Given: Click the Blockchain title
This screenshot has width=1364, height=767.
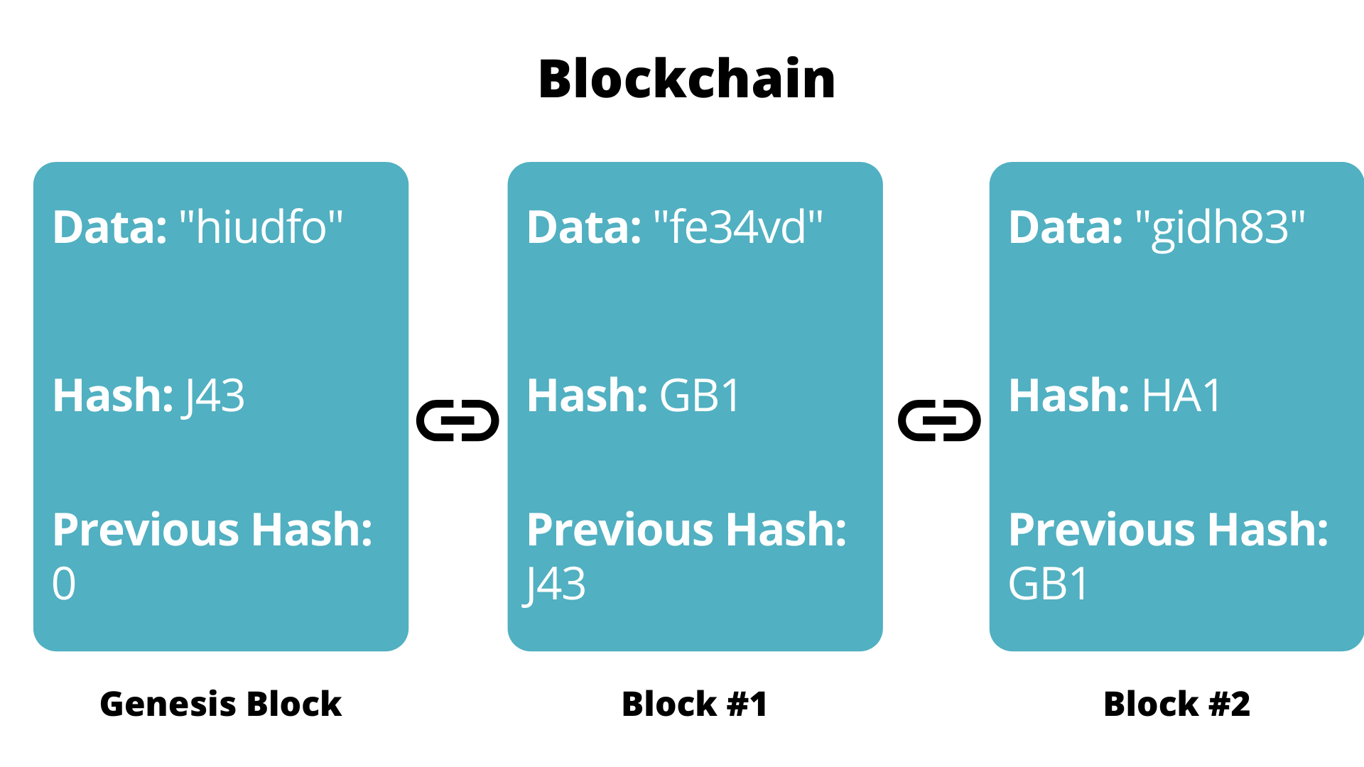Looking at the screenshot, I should coord(686,79).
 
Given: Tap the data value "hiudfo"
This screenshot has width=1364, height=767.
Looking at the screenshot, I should coord(261,228).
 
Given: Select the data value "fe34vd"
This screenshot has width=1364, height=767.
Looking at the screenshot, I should coord(737,228).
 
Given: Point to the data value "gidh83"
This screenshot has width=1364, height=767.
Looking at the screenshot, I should coord(1220,228).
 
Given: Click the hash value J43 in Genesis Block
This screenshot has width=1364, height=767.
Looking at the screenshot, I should coord(214,396).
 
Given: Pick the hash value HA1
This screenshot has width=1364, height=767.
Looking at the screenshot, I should coord(1181,396).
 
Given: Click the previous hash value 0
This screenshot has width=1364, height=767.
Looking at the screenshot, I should coord(64,584).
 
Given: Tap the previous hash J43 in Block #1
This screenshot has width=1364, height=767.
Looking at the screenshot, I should coord(555,584).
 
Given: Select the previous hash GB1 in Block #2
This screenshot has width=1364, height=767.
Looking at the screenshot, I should coord(1048,584).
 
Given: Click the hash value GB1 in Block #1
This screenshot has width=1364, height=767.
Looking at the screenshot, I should coord(700,396).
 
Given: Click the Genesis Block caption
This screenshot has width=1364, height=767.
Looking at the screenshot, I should coord(220,705).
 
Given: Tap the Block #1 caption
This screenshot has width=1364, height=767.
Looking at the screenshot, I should coord(694,705).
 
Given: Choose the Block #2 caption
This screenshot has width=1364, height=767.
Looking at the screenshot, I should coord(1176,705).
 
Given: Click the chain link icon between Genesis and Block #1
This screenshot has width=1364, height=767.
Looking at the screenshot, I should coord(458,420).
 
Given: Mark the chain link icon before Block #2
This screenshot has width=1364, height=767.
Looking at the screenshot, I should coord(939,420).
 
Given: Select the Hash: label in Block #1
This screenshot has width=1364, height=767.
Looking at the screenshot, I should coord(587,396).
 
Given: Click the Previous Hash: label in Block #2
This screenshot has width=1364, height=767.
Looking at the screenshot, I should coord(1168,531).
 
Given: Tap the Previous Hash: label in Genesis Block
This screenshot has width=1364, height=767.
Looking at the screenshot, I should coord(212,531).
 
